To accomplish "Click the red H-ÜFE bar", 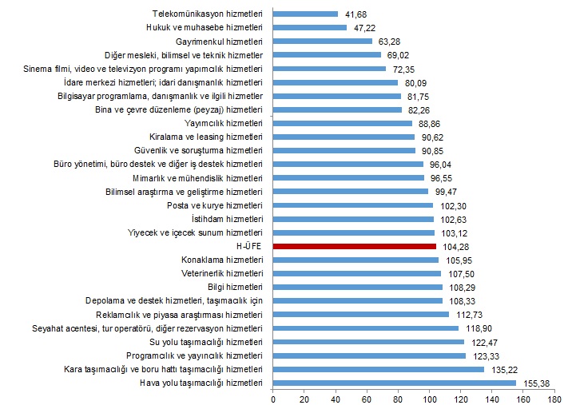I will [x=354, y=246].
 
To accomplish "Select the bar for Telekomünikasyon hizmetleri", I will [x=305, y=14].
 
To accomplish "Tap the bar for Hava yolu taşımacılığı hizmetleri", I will [x=394, y=383].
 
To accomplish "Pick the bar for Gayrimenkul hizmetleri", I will [x=322, y=41].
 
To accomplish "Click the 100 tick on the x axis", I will [x=431, y=397].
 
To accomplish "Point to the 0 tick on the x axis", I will [x=273, y=397].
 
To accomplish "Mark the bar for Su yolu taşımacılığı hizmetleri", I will [x=368, y=342].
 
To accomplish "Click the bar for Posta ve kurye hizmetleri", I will [x=353, y=205].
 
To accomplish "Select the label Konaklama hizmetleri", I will [x=225, y=260].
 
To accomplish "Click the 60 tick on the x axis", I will [x=368, y=397].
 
